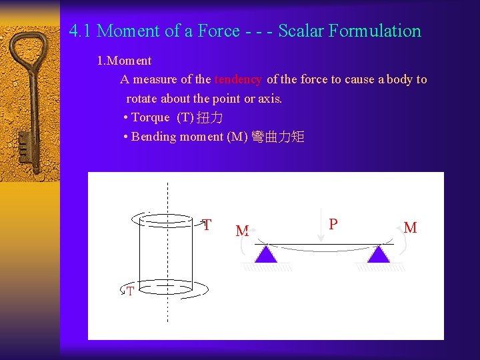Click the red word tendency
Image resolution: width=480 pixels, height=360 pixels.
pos(238,79)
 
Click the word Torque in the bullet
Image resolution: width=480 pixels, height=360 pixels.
pos(151,117)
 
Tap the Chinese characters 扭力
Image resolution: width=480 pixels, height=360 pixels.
pos(211,117)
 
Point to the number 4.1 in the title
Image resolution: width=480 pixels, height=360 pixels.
pos(81,31)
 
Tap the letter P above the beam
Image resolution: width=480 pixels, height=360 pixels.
pos(333,224)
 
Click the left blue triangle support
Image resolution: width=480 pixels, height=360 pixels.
pos(266,254)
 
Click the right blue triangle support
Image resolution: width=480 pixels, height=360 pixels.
pos(379,254)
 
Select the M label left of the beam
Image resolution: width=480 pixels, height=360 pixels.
pos(242,231)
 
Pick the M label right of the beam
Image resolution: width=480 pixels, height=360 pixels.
pos(411,228)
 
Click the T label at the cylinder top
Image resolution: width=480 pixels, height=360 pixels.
pos(207,225)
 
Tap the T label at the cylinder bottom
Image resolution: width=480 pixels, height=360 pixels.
pos(130,291)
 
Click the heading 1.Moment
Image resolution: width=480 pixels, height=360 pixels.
pos(124,61)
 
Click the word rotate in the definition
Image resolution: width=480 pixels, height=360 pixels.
pos(142,99)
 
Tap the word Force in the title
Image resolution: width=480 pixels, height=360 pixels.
pos(218,31)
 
